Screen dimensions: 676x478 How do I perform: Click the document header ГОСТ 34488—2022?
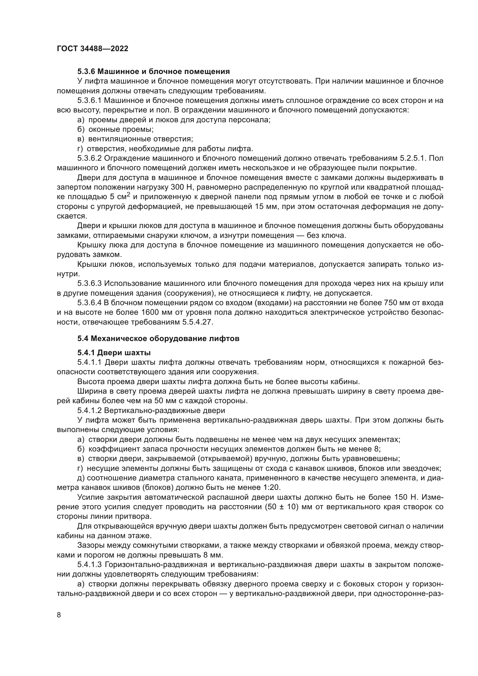point(92,49)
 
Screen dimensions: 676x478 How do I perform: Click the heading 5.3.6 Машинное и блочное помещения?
point(153,72)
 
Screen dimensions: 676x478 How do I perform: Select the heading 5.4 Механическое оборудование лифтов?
point(158,339)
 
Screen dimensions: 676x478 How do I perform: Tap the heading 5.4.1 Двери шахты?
point(114,352)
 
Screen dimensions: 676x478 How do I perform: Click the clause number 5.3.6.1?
point(90,100)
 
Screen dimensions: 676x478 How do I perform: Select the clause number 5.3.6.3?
point(90,284)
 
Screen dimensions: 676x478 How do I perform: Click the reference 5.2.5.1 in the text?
point(413,158)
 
